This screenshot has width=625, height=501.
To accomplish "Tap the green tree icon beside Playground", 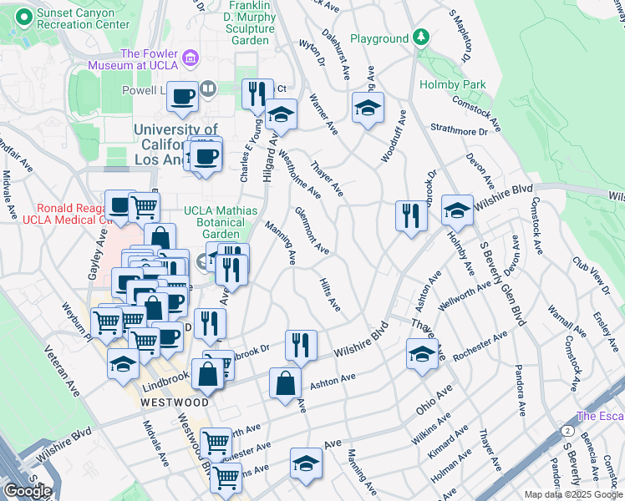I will (x=422, y=38).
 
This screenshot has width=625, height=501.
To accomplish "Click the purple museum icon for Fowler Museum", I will (x=191, y=58).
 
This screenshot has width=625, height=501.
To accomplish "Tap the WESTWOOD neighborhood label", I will (x=174, y=402).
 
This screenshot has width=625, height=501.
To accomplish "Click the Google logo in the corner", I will (x=27, y=491).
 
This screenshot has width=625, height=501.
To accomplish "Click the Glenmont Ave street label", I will (x=311, y=231).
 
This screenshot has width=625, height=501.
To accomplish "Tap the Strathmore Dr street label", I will (x=459, y=131).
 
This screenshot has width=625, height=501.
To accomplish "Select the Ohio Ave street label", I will (x=434, y=400).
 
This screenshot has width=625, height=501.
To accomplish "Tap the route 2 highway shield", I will (x=567, y=430).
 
